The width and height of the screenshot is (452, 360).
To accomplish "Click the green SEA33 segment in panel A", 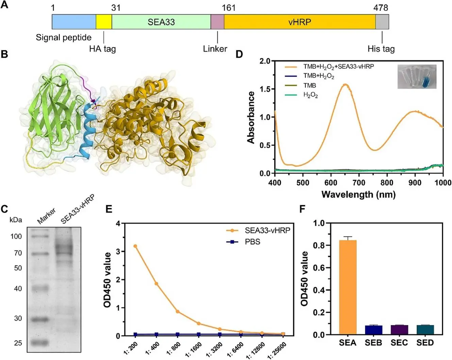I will pyautogui.click(x=161, y=22).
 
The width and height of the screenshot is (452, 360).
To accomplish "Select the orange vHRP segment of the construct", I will pyautogui.click(x=300, y=22).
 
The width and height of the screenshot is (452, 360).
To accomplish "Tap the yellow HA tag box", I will pyautogui.click(x=104, y=22).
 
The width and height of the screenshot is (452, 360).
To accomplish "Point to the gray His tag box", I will pyautogui.click(x=382, y=22).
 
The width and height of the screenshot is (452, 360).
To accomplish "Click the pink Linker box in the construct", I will pyautogui.click(x=217, y=22).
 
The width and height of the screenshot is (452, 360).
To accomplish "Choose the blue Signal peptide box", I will pyautogui.click(x=74, y=22).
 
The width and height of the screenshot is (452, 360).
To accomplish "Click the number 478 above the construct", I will pyautogui.click(x=380, y=7).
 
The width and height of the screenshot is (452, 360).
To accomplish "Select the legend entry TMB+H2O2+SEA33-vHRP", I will pyautogui.click(x=338, y=67).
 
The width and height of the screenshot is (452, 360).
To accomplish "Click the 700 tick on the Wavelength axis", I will pyautogui.click(x=359, y=183).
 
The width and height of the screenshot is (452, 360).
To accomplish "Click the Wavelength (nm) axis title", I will pyautogui.click(x=358, y=195).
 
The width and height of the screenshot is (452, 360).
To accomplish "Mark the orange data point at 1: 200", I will pyautogui.click(x=135, y=246).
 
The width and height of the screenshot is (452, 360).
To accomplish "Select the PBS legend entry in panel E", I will pyautogui.click(x=252, y=242).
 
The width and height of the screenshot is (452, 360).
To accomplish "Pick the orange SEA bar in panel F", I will pyautogui.click(x=348, y=287).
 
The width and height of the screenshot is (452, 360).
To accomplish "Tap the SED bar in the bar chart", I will pyautogui.click(x=425, y=330).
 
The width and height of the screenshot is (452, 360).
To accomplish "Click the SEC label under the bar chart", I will pyautogui.click(x=399, y=343).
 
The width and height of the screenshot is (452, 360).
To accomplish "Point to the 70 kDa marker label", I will pyautogui.click(x=18, y=253).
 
